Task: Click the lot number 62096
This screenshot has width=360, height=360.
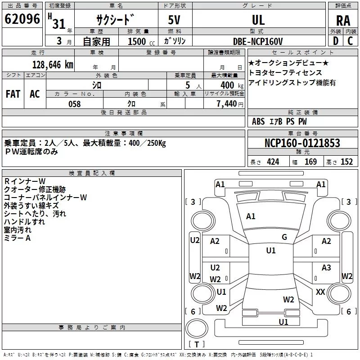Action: click(22, 19)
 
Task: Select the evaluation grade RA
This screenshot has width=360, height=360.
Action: click(343, 21)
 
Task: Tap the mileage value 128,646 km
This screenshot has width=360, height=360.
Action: click(53, 65)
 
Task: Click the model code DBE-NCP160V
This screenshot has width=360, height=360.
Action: click(258, 41)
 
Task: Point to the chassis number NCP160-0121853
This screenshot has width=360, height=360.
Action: click(302, 143)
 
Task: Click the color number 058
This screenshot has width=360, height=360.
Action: click(75, 104)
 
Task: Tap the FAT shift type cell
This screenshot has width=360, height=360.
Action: click(13, 94)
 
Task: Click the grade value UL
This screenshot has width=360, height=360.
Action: click(258, 20)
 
